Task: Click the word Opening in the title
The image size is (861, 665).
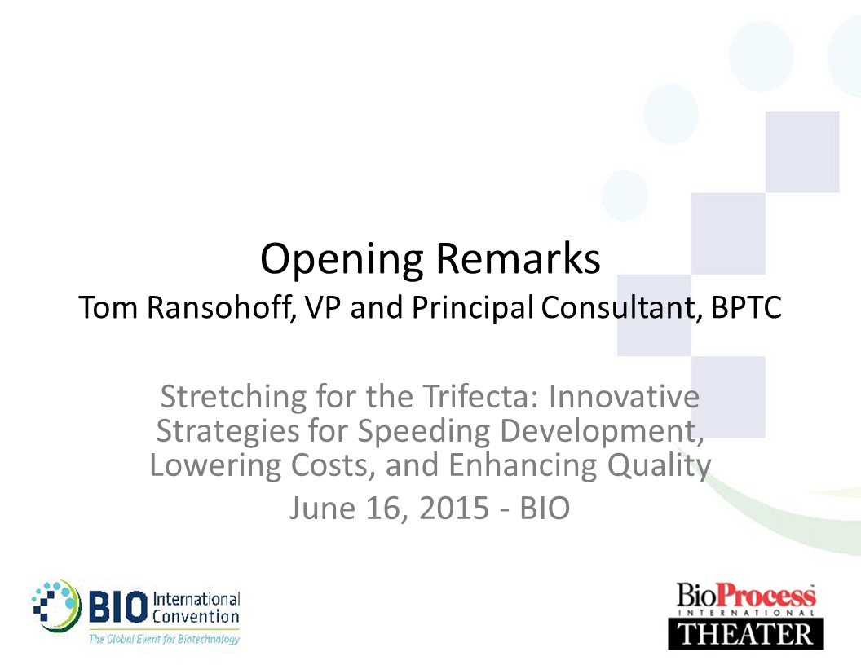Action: point(342,259)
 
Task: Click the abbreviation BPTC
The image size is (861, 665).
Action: point(746,307)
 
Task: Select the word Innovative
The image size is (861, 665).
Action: point(624,396)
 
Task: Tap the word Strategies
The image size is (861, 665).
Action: point(227,431)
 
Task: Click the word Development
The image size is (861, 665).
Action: point(602,431)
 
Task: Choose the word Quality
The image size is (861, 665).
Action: point(659,466)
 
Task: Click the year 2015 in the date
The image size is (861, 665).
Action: point(454,508)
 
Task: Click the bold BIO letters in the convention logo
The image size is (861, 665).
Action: point(118,607)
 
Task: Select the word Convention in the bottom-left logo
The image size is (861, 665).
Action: point(196,617)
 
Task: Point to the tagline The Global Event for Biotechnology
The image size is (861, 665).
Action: point(164,639)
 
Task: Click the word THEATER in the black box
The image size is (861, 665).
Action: point(746,634)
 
